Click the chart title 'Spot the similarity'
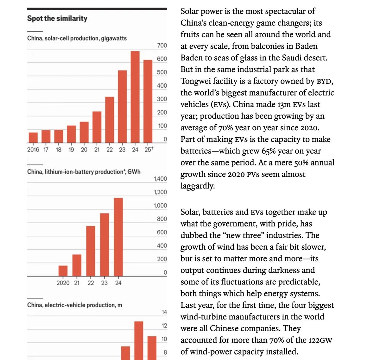tap(57, 18)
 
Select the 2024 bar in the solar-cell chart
tap(135, 97)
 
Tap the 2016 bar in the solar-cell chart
tap(33, 138)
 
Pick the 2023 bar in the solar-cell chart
tap(122, 107)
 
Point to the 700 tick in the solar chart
tap(162, 46)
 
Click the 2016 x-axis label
tap(33, 150)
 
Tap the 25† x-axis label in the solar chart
tap(149, 149)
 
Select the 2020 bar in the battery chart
tap(63, 271)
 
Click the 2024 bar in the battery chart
tap(118, 237)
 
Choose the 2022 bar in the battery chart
tap(91, 251)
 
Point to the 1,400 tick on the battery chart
tap(160, 179)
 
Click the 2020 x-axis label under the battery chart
tap(63, 283)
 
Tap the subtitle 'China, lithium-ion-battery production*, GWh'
tap(84, 172)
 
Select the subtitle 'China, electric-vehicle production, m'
tap(74, 305)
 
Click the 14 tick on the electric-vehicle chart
tap(164, 313)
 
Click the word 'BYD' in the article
tap(324, 82)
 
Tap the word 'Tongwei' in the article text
tap(196, 81)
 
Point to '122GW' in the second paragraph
tap(321, 340)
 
